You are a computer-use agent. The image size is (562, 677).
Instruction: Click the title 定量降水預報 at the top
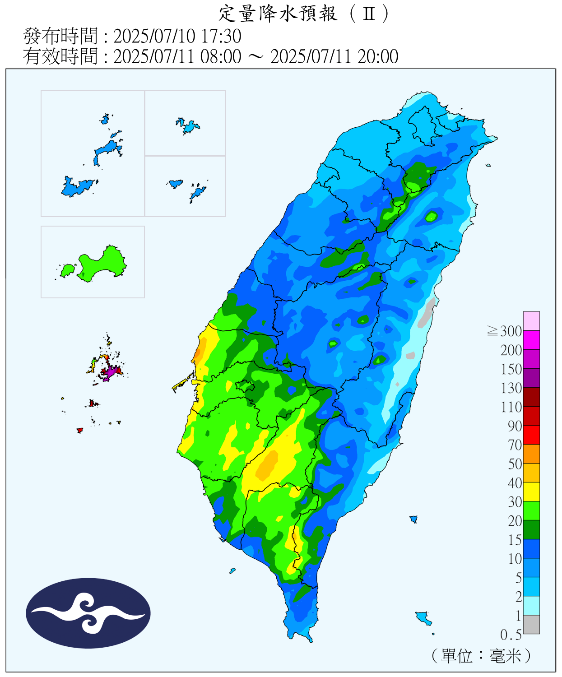pos(278,14)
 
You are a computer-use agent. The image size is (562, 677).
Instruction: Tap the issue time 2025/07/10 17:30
pos(177,36)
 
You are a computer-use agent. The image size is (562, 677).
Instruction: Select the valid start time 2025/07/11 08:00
pos(177,56)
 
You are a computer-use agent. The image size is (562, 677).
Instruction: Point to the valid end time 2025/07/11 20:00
pos(334,56)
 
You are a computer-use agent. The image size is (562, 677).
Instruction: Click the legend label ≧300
pos(505,331)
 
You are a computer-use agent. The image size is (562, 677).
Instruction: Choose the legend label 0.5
pos(511,635)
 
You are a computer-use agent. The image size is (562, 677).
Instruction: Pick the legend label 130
pos(511,388)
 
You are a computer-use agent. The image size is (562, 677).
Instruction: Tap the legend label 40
pos(515,483)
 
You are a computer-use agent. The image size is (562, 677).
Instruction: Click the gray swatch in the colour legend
pos(531,624)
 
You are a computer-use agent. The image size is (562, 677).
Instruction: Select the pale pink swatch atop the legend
pos(531,321)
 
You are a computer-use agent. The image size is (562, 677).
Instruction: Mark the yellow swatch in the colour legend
pos(531,492)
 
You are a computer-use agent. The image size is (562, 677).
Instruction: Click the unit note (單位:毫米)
pos(481,655)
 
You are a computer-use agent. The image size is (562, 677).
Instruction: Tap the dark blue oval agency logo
pos(88,613)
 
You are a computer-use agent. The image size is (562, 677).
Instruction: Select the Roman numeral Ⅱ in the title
pos(369,14)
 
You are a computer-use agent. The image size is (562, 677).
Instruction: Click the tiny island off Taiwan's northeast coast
pos(488,165)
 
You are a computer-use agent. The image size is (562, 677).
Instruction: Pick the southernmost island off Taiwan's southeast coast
pos(423,617)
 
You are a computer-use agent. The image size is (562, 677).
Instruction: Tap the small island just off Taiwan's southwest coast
pos(232,570)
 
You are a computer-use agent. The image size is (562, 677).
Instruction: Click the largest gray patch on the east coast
pos(426,312)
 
